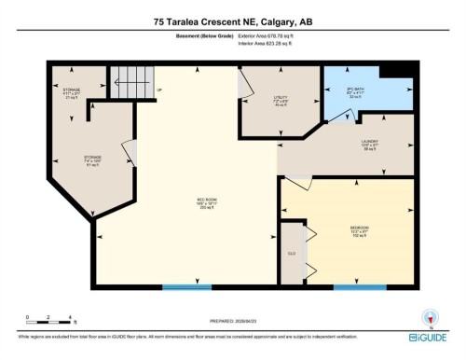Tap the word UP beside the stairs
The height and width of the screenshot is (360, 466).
(x=159, y=90)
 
